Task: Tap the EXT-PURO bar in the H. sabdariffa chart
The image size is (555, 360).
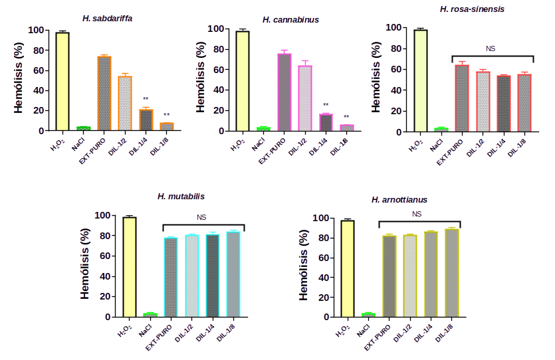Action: click(x=104, y=92)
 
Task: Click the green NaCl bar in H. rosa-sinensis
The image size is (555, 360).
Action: click(x=441, y=130)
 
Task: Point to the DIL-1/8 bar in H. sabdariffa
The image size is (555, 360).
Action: click(x=166, y=126)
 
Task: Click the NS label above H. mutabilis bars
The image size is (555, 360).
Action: click(x=202, y=217)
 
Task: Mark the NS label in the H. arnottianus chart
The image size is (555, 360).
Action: click(x=417, y=214)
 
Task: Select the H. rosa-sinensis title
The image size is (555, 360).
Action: click(x=472, y=9)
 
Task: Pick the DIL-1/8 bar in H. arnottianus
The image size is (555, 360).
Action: click(x=452, y=273)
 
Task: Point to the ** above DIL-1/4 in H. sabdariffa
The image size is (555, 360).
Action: click(x=146, y=100)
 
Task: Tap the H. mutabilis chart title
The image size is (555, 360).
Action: click(x=181, y=197)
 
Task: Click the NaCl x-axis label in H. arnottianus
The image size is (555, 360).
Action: click(x=364, y=331)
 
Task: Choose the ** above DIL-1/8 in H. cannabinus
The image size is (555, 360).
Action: click(x=346, y=118)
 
